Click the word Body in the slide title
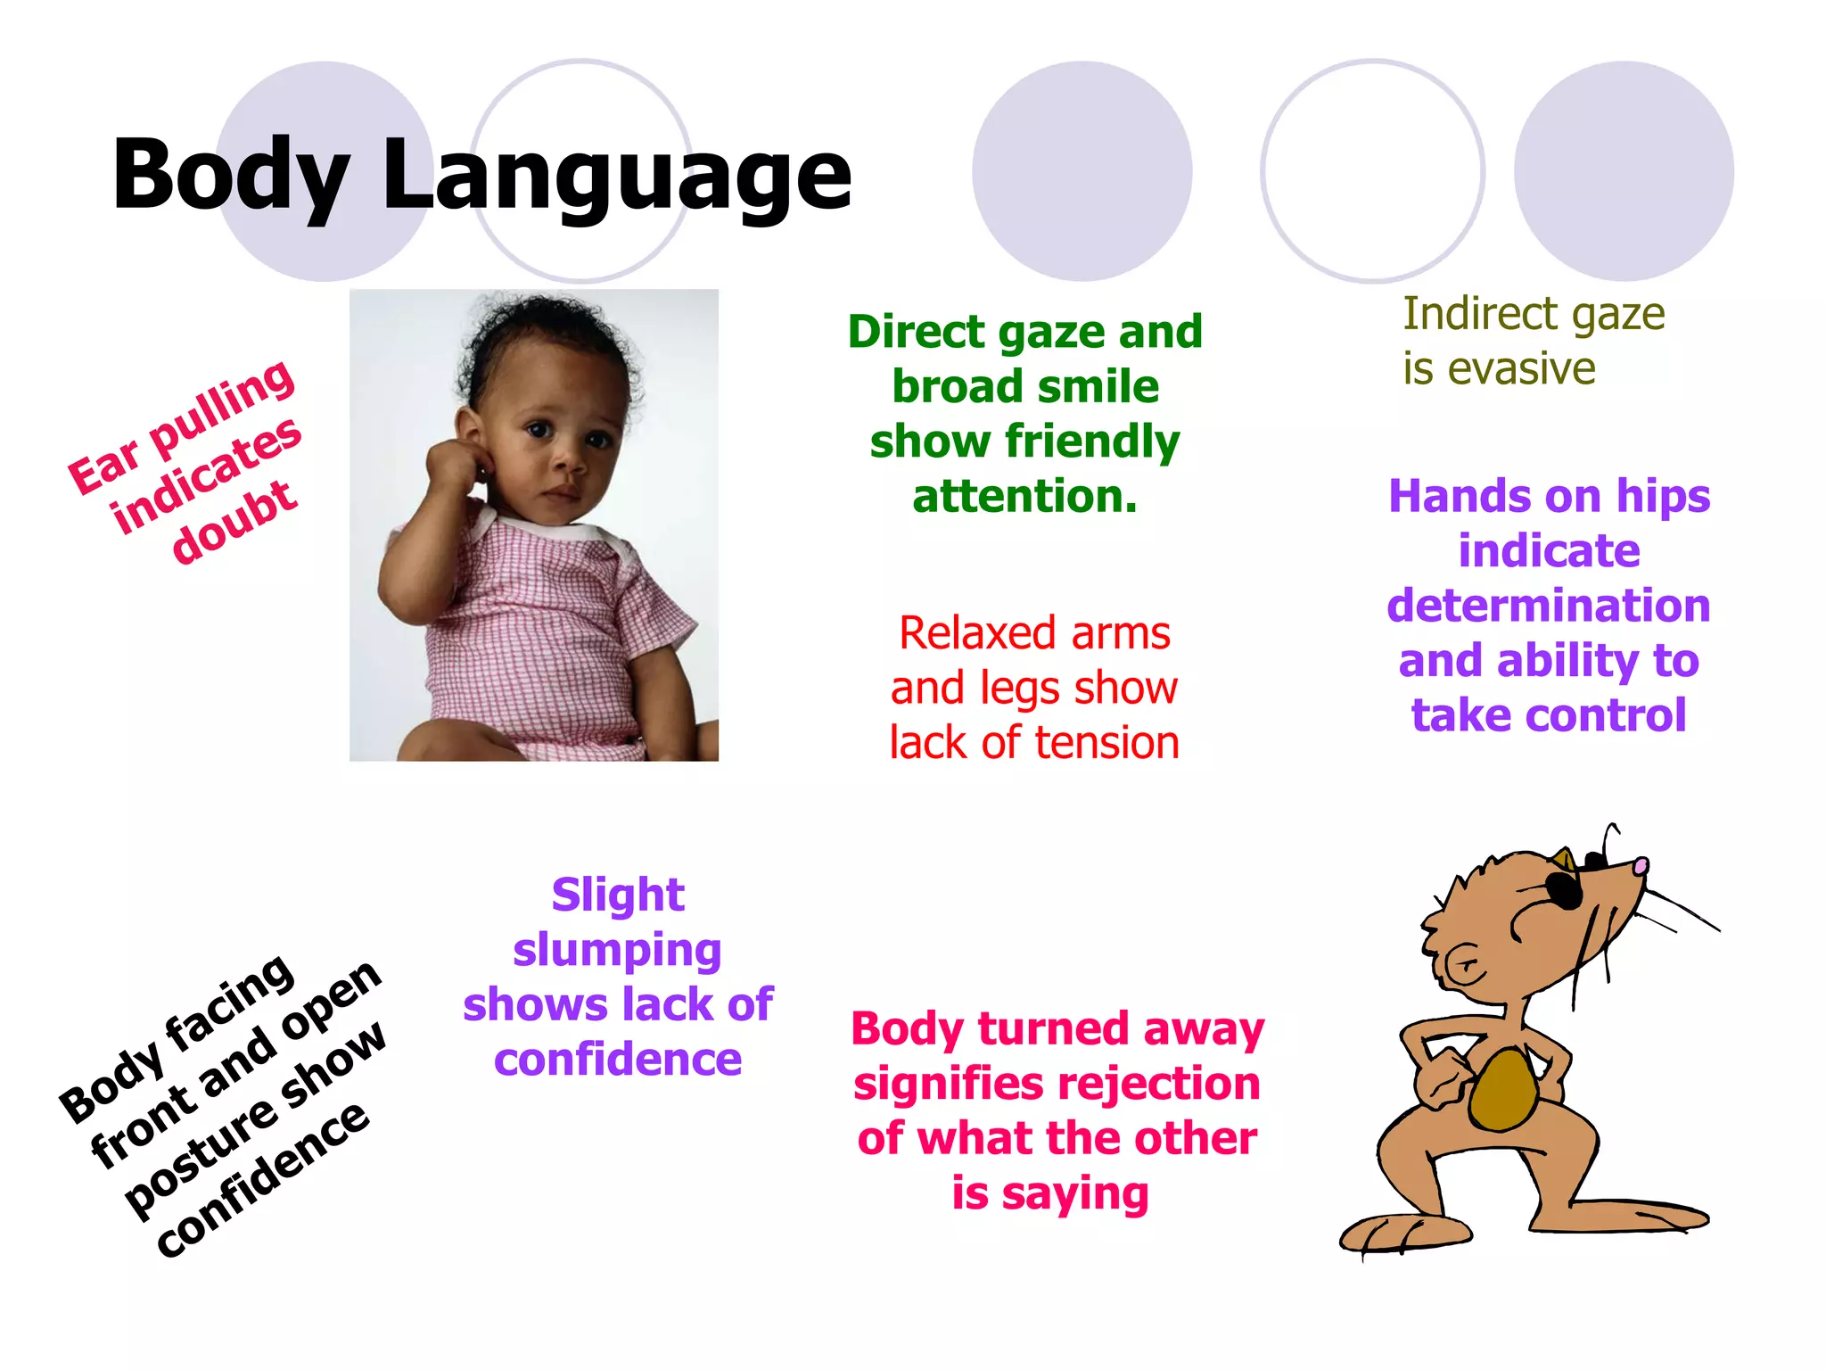pos(230,176)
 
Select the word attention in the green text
pos(1024,496)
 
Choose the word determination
pos(1549,606)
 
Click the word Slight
pos(618,895)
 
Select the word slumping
pos(617,951)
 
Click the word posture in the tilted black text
pos(198,1157)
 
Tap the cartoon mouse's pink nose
pos(1641,865)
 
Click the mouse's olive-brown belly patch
pos(1503,1090)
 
